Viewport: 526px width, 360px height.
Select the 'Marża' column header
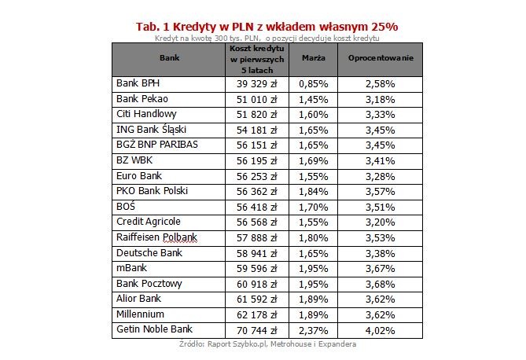[x=314, y=58]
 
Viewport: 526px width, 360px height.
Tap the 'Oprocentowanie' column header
[x=380, y=58]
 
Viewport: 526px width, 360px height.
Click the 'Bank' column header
[x=169, y=58]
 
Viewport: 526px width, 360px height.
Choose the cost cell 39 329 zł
[x=256, y=83]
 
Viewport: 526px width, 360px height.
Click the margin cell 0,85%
[x=314, y=83]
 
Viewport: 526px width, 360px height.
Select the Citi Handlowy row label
[x=145, y=115]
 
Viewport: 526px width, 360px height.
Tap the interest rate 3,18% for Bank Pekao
[x=380, y=99]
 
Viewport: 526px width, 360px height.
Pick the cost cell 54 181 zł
[x=256, y=130]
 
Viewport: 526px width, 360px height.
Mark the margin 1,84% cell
[x=314, y=191]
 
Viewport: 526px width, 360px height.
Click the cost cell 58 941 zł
[x=256, y=252]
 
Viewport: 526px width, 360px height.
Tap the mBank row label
[x=131, y=268]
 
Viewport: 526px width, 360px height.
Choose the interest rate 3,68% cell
[x=380, y=283]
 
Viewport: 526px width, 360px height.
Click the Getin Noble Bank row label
[x=154, y=329]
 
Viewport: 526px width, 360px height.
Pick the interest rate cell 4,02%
[x=380, y=329]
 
